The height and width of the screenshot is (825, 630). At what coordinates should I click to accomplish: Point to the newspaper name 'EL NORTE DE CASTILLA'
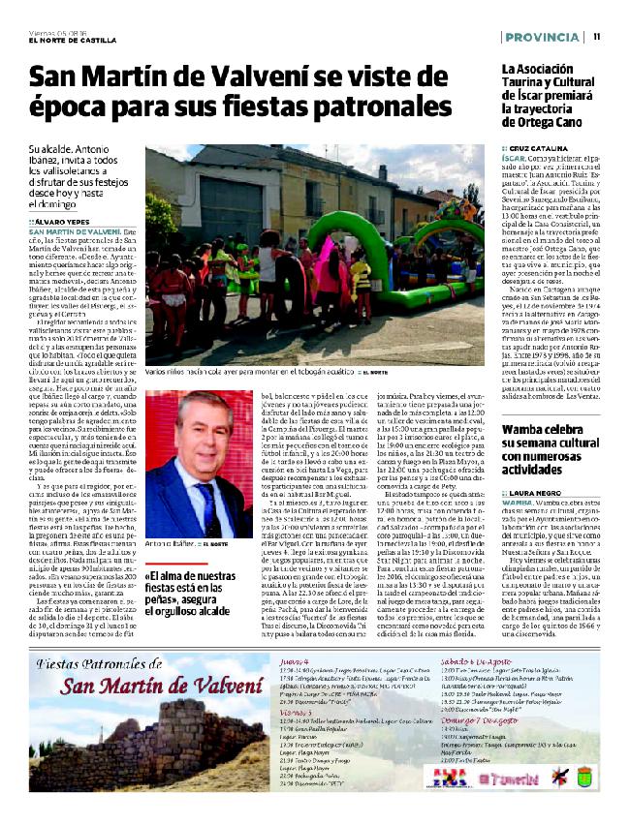tap(73, 40)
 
